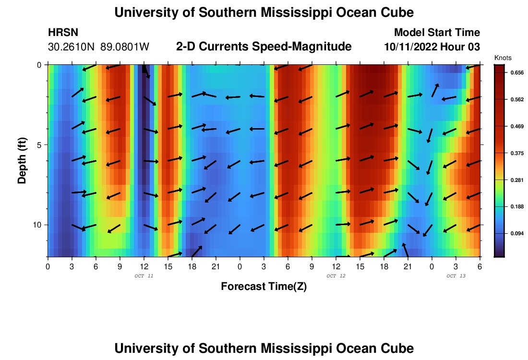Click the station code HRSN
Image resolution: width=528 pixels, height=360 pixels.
click(63, 33)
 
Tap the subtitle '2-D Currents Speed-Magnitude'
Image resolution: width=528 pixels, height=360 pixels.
click(264, 47)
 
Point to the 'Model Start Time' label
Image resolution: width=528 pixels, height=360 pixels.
click(437, 33)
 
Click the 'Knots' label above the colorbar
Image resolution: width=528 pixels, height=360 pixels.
click(503, 58)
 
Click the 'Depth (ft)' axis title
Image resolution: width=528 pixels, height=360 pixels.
click(22, 160)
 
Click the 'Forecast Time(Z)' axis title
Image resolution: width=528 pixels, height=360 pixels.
click(264, 287)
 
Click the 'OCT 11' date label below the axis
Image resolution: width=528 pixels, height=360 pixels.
click(144, 276)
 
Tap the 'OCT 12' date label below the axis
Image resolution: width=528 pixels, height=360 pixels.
click(336, 276)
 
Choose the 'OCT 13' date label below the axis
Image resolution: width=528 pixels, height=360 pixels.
click(456, 276)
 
